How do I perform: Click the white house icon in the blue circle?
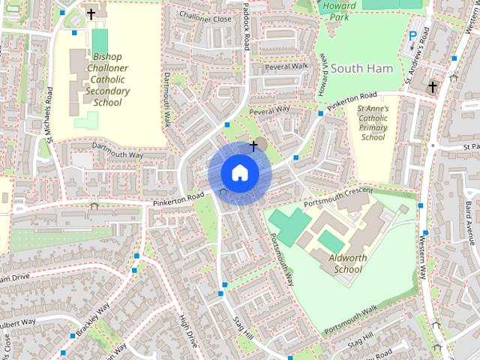point(239,172)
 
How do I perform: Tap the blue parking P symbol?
point(412,36)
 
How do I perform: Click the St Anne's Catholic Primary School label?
point(373,123)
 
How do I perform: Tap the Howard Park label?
point(339,10)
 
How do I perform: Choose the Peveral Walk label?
point(286,67)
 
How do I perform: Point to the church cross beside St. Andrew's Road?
point(432,88)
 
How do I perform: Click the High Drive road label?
point(187,330)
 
